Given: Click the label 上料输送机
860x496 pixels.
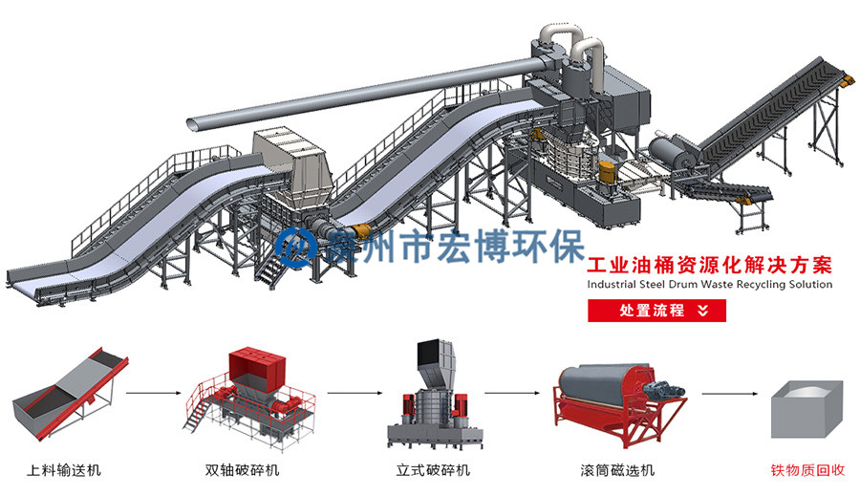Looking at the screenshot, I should coord(64,470).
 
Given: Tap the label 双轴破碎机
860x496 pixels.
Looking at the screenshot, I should coord(243,470).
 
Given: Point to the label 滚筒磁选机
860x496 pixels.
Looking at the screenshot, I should coord(617,470).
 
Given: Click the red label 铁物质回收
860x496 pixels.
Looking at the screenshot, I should coord(808,470).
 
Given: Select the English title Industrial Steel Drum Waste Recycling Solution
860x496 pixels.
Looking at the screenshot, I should coord(709,284).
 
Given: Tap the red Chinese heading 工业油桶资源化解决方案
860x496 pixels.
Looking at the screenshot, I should coord(709,264).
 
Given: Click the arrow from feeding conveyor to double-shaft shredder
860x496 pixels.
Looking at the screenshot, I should coord(154,392).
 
